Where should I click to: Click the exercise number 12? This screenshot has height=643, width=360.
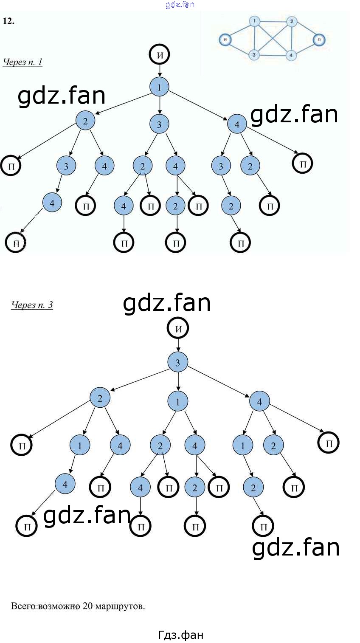click(8, 21)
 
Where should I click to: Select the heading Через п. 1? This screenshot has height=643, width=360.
click(22, 62)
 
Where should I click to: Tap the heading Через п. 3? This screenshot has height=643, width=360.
click(32, 305)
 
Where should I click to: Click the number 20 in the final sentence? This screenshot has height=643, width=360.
click(87, 606)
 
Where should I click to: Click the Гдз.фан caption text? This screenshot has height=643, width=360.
click(180, 635)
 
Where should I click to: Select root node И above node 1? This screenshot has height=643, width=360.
click(159, 55)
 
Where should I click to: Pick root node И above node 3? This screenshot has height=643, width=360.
click(178, 328)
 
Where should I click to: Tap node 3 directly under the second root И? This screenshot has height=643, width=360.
click(178, 362)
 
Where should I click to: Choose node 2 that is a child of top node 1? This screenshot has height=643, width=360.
click(85, 121)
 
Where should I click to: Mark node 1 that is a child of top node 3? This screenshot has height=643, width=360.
click(178, 401)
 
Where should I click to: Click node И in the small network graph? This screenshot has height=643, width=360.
click(225, 40)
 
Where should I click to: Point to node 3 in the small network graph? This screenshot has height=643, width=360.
click(254, 55)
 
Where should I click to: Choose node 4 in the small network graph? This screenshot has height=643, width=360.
click(291, 55)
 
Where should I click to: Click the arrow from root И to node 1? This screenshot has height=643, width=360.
click(159, 71)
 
